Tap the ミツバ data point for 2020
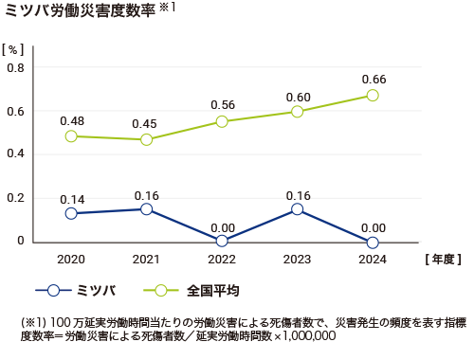70,213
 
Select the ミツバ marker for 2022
222,241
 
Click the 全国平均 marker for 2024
373,95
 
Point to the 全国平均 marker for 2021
146,139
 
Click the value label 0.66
373,78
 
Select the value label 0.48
72,120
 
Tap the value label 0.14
72,199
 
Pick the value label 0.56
223,105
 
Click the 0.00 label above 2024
373,227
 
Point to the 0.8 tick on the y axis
15,68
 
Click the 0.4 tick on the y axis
15,154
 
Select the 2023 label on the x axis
297,258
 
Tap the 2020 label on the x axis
70,258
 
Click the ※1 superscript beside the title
167,8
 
